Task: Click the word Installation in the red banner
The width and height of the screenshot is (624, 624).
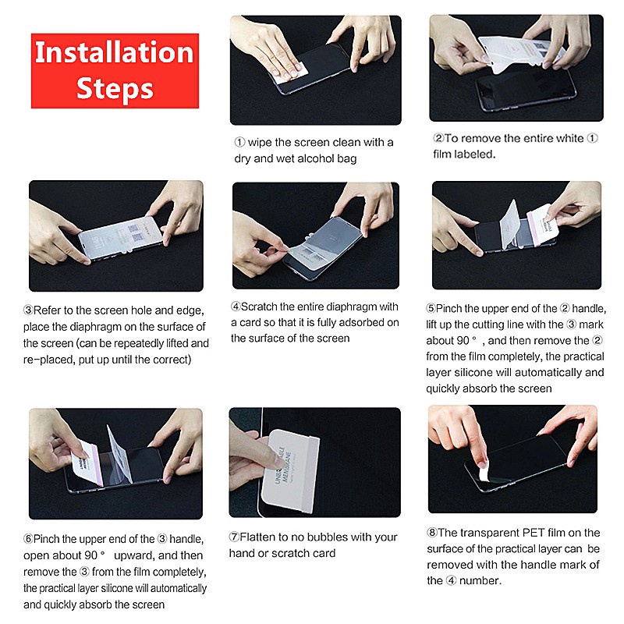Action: [114, 52]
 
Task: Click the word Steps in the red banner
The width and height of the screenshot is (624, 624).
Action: [115, 89]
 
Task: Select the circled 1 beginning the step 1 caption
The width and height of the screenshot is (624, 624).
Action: [239, 142]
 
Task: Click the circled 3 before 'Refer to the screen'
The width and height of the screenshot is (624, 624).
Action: [28, 310]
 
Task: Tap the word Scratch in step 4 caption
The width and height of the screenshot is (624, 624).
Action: [259, 307]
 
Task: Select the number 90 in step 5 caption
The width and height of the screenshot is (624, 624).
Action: [463, 341]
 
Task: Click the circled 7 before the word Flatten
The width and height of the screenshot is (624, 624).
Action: [234, 537]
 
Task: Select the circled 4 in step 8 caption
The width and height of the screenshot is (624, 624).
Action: [451, 580]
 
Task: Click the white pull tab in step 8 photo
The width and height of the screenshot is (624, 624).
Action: [484, 471]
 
